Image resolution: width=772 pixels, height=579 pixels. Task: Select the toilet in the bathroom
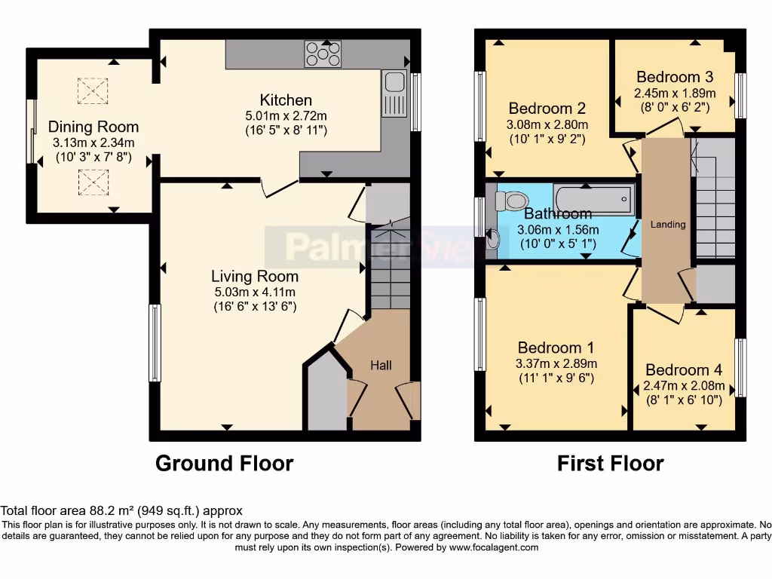(x=512, y=201)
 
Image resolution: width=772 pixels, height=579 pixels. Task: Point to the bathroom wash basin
(x=494, y=240)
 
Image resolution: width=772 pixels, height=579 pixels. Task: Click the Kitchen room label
(x=286, y=100)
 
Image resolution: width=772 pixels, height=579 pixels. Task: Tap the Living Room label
(x=254, y=276)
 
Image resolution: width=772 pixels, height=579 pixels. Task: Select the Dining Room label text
(x=93, y=127)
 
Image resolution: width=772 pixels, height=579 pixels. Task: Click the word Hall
(x=381, y=365)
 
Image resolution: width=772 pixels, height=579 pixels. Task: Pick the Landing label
(x=668, y=224)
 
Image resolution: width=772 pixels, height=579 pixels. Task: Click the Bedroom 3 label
(x=675, y=77)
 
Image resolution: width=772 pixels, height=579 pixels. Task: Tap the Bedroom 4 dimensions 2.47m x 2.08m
(x=684, y=385)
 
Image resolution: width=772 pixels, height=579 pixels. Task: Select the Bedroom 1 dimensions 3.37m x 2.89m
(x=557, y=363)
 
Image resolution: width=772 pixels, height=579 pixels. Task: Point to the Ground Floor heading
(x=224, y=462)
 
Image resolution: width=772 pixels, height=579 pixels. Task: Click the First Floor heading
(x=610, y=462)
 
